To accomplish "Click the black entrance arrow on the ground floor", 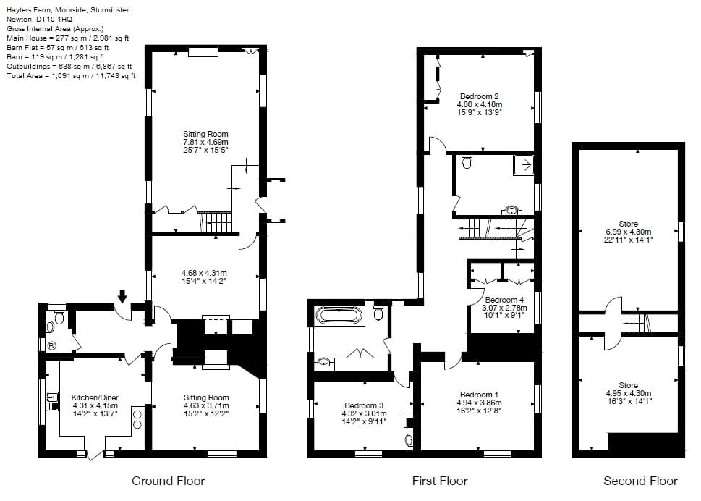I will coord(122,295).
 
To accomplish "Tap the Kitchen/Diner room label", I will coord(95,397).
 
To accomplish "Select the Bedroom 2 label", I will coord(479,96).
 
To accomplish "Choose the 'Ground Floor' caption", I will coord(168,481).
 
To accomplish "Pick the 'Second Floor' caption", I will coord(640,481).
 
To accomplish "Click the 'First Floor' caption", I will coord(440,481).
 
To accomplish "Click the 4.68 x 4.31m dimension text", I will coord(205,274).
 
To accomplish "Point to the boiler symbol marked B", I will coord(51,346).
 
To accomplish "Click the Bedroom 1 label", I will coord(480,395).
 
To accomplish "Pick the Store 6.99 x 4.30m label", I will coord(628,230).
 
